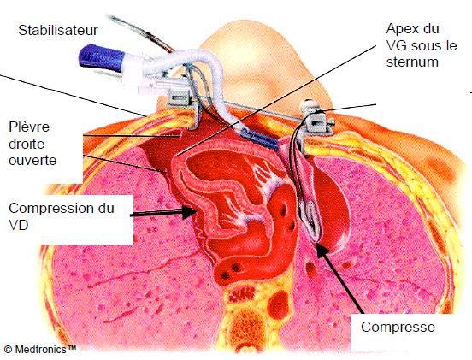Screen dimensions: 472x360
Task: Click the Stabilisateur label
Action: point(58,31)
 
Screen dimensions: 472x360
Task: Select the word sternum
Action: point(412,62)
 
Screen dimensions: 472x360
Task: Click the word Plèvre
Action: point(29,127)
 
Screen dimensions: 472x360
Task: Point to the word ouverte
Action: point(32,160)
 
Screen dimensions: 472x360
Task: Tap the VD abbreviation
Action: point(19,225)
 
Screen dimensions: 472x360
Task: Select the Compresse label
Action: point(398,328)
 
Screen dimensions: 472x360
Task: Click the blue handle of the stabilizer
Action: point(101,57)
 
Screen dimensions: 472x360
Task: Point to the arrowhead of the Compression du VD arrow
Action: point(190,212)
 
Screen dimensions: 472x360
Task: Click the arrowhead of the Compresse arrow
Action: point(322,251)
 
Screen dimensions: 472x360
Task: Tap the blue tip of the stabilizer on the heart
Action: point(262,139)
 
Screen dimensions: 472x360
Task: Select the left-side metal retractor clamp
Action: point(181,103)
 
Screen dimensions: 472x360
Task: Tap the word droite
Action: point(27,144)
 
